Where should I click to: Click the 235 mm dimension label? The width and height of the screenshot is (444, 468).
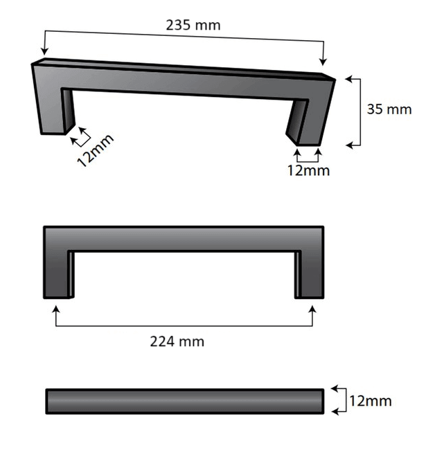193,25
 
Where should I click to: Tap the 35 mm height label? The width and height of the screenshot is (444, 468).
389,109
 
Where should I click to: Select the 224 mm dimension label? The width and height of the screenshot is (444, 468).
177,341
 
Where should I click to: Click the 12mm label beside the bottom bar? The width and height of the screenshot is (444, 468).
370,401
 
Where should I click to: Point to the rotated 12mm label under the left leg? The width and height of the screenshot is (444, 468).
94,150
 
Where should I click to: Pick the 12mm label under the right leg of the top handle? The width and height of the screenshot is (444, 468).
308,170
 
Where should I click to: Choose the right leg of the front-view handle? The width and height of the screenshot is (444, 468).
309,273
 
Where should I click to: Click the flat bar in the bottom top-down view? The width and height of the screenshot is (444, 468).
184,401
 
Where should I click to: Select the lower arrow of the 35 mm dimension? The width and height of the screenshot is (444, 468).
349,145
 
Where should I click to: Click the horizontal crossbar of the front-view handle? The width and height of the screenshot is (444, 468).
184,238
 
